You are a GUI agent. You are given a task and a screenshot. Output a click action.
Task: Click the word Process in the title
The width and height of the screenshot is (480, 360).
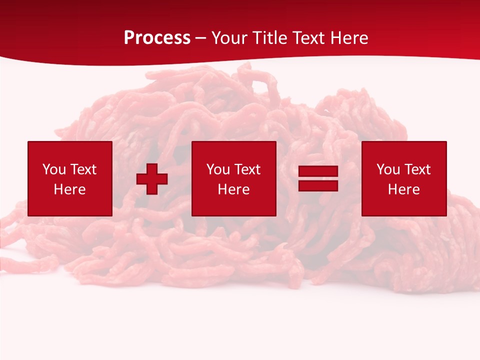tap(157, 38)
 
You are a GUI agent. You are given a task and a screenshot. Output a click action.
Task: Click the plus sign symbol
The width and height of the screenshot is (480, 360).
tap(152, 179)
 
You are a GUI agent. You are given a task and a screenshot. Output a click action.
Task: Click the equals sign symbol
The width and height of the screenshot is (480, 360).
tap(318, 178)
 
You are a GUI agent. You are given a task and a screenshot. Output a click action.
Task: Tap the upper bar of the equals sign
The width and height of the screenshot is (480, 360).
tap(318, 171)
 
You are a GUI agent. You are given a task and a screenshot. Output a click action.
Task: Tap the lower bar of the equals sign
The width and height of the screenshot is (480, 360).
tap(318, 185)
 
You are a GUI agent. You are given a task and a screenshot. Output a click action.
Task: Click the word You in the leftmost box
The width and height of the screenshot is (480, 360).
tap(54, 169)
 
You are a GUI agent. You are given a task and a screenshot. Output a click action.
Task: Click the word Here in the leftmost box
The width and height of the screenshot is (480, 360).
tap(70, 189)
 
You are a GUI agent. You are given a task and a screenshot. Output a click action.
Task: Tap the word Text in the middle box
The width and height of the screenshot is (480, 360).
tap(247, 169)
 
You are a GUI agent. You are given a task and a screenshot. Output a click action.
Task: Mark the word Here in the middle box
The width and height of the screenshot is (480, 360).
tap(234, 189)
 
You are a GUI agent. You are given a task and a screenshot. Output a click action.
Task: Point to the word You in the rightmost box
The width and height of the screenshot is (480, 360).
tap(388, 169)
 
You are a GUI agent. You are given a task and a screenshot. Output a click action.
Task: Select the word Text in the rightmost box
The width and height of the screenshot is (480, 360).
tap(417, 169)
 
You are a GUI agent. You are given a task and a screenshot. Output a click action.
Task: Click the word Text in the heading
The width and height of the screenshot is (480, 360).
tap(307, 38)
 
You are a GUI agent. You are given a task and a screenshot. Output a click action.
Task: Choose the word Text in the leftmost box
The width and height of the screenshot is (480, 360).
tap(83, 169)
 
